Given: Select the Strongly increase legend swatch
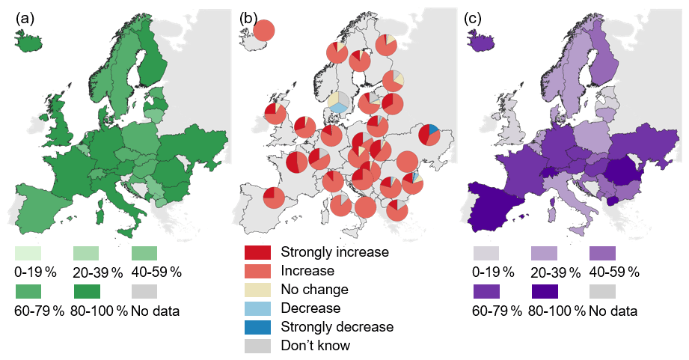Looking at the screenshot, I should (257, 252).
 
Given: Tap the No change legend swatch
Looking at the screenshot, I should (257, 289).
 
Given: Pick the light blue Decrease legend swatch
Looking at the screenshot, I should (257, 308).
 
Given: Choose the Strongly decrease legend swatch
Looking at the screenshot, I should (257, 326).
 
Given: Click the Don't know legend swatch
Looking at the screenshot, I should (257, 345).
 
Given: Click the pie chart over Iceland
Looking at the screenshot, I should (264, 31).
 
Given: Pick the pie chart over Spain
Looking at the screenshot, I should (274, 198).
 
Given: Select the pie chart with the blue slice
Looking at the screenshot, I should (429, 135).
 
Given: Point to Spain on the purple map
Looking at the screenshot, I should (497, 198).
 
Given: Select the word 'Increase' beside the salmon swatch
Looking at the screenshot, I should (307, 270).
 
